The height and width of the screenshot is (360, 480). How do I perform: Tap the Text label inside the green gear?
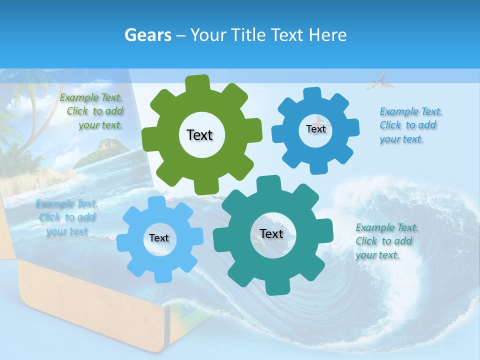coord(199,135)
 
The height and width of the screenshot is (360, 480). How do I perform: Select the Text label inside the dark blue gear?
coord(315,129)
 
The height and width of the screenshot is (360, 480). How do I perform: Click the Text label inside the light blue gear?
coord(159,238)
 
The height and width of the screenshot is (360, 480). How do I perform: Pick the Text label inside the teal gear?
coord(271,233)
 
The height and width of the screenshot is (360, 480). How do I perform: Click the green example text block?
coord(93,111)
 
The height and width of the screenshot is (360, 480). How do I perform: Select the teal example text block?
coord(384,241)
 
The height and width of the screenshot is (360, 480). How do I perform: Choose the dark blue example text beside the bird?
coord(410,125)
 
